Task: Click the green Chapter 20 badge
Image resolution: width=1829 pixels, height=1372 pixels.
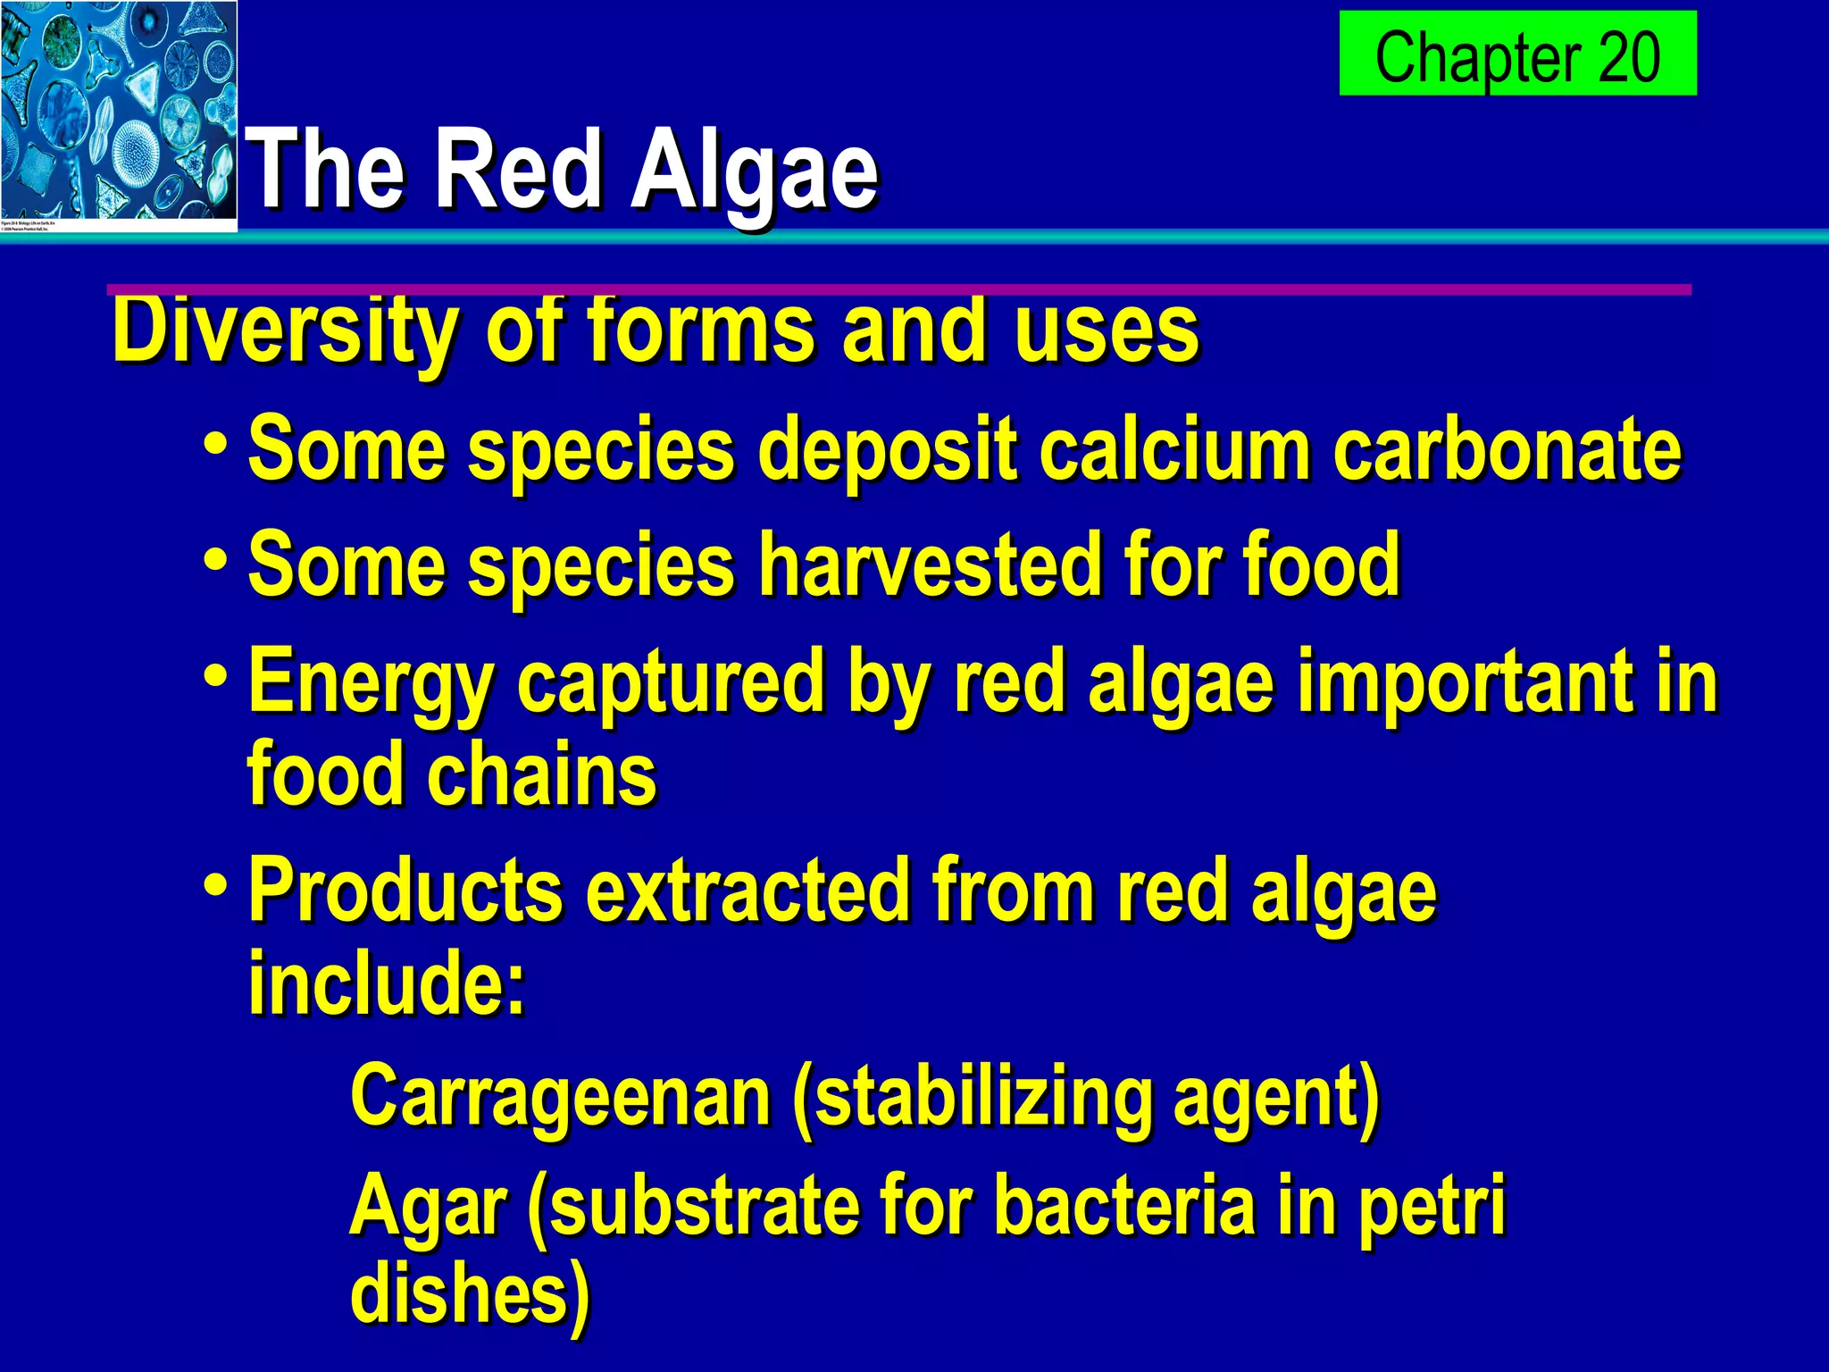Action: pos(1516,54)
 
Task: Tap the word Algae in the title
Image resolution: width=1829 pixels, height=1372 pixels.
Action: pos(755,170)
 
